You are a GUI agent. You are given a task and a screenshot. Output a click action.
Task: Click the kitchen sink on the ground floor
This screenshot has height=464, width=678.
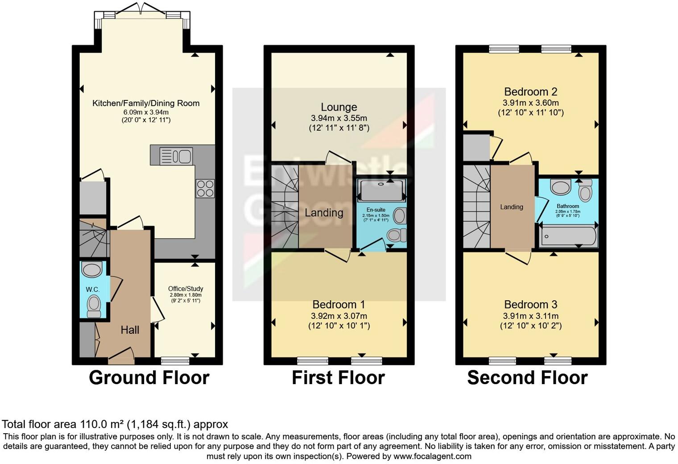(176, 156)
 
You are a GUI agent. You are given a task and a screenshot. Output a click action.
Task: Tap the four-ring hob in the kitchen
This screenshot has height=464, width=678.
(205, 188)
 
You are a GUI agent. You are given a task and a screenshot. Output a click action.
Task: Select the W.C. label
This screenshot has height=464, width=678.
(93, 290)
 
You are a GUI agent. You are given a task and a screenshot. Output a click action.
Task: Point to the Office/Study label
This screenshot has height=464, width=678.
(186, 289)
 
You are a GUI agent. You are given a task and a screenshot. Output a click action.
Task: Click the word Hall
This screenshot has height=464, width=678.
(130, 330)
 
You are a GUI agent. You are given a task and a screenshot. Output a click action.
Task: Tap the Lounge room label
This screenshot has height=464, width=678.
(339, 107)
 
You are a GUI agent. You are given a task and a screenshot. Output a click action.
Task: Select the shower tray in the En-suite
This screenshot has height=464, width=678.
(381, 191)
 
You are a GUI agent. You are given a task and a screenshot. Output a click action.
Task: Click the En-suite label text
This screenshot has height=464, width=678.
(376, 210)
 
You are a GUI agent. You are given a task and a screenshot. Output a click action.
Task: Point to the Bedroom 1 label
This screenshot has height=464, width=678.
(339, 305)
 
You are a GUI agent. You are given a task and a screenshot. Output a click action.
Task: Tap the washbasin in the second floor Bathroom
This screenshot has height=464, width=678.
(561, 186)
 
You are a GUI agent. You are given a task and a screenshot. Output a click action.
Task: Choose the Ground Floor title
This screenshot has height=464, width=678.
(149, 377)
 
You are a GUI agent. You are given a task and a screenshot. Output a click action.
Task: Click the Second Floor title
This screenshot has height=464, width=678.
(527, 377)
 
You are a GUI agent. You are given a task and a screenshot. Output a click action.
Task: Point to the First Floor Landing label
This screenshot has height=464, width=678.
(324, 213)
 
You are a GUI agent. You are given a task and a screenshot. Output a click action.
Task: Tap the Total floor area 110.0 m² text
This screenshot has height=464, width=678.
(115, 424)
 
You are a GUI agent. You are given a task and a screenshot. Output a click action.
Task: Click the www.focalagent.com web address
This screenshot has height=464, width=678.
(432, 456)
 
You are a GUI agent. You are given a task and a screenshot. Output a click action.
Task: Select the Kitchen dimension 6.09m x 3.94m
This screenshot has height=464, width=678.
(146, 112)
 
